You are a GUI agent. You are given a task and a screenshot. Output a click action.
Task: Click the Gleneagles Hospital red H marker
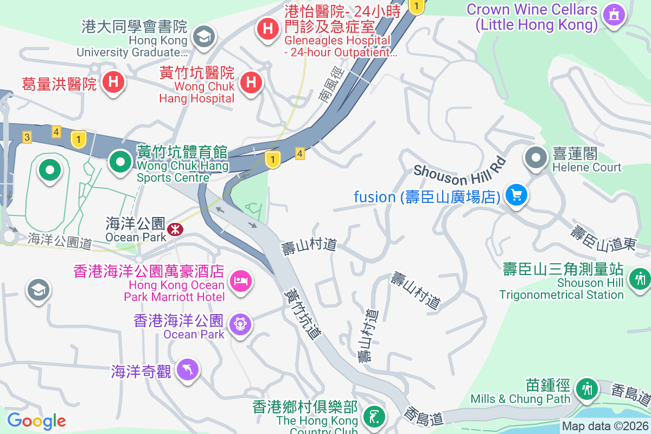coord(268,27)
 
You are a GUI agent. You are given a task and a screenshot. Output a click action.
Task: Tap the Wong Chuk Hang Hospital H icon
coord(251,82)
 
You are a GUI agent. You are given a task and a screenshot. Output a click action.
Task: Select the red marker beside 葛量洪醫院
coord(113,82)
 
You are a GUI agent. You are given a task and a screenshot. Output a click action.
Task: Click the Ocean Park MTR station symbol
coord(175,229)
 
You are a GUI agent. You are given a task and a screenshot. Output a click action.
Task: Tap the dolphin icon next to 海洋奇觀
coord(188,370)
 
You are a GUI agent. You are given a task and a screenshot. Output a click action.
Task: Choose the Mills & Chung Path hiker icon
coord(587,388)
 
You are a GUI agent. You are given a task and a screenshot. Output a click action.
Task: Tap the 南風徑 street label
coord(331,86)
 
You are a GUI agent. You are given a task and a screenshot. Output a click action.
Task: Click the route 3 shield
coord(27,137)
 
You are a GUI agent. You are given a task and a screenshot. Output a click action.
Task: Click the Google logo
coord(36,420)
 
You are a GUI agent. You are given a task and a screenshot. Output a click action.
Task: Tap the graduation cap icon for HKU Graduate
coord(204,37)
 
